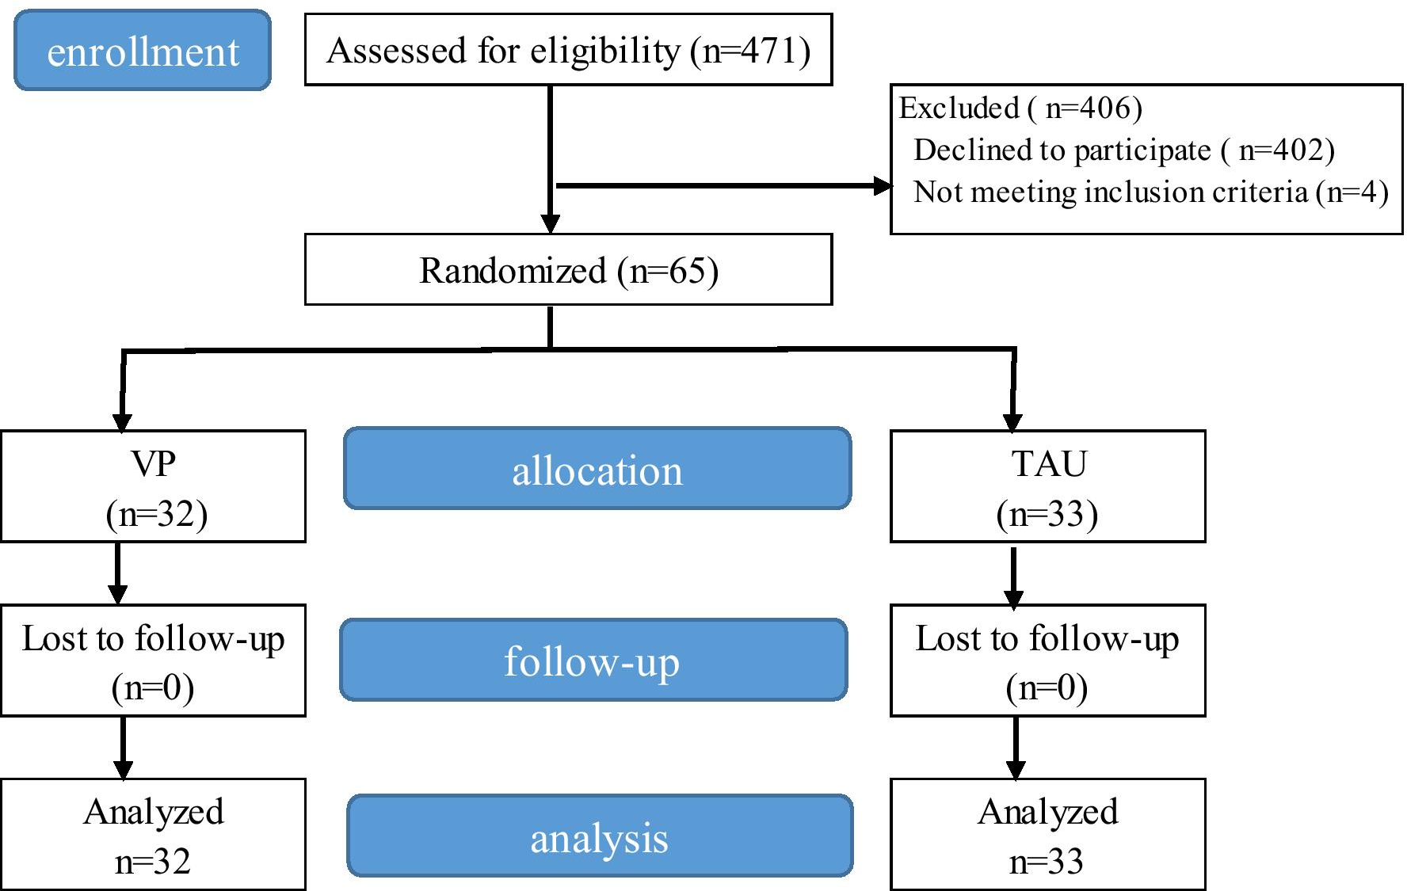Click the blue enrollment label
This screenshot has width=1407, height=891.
click(x=143, y=51)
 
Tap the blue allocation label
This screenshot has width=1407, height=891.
click(x=597, y=469)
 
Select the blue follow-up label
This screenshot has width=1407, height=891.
click(x=593, y=660)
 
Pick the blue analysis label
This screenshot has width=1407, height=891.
click(x=600, y=836)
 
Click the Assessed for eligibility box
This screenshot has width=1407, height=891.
click(x=568, y=50)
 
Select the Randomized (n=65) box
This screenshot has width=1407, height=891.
click(x=568, y=270)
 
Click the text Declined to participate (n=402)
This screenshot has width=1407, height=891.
click(x=1123, y=150)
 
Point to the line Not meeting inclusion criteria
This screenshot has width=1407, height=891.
click(x=1150, y=192)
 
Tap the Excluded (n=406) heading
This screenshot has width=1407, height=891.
click(x=1020, y=108)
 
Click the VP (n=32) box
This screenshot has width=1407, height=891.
click(x=153, y=486)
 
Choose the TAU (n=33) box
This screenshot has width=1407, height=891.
click(x=1047, y=486)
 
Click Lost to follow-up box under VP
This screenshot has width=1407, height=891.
click(x=153, y=661)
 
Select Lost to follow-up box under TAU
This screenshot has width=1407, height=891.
click(x=1047, y=661)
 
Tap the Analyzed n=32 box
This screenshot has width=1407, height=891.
click(x=153, y=835)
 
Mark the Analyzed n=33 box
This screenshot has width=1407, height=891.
click(x=1047, y=835)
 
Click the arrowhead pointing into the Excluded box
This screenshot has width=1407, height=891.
click(x=882, y=186)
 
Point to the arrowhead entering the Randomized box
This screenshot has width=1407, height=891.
click(x=551, y=223)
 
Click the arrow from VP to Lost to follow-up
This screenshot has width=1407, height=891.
click(x=118, y=573)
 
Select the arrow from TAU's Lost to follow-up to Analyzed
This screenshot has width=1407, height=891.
click(x=1016, y=748)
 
